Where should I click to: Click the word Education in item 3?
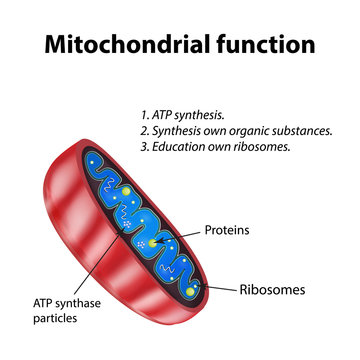point(192,148)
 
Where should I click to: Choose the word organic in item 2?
point(260,130)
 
